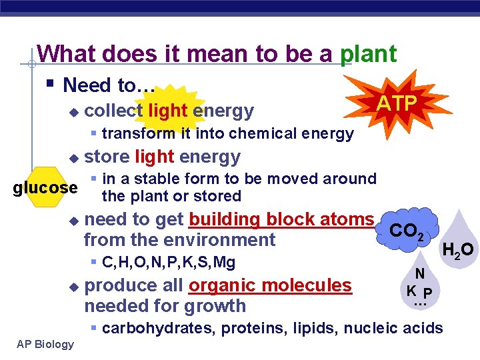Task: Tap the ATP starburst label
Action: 398,103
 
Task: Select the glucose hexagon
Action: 45,188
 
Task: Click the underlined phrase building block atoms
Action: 281,219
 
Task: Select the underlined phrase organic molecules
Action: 270,285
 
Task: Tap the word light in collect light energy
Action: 168,110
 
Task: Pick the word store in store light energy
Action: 107,157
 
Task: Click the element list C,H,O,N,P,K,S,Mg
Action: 169,263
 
